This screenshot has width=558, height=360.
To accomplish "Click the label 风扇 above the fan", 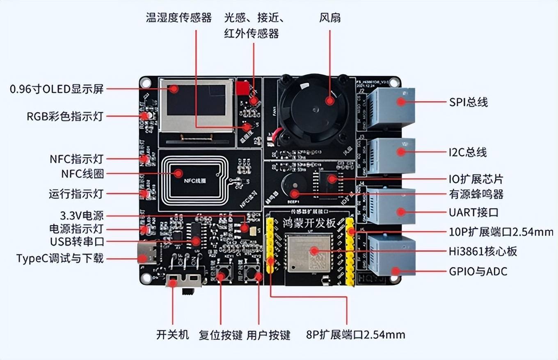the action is coord(330,18).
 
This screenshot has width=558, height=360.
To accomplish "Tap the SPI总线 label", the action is coord(469,102).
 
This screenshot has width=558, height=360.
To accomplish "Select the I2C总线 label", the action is coord(468,153).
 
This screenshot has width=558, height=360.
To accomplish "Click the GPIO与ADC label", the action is coord(478,271).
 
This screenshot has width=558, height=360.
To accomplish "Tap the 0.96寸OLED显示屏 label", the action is coord(57,89).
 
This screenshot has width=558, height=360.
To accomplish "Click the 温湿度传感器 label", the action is coord(179,18).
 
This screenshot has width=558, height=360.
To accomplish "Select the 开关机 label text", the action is coord(173,335).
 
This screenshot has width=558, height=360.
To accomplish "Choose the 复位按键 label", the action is coord(221,335).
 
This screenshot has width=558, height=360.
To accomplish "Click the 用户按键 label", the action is coord(268,335).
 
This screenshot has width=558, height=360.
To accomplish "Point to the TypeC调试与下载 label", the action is coord(60,258).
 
